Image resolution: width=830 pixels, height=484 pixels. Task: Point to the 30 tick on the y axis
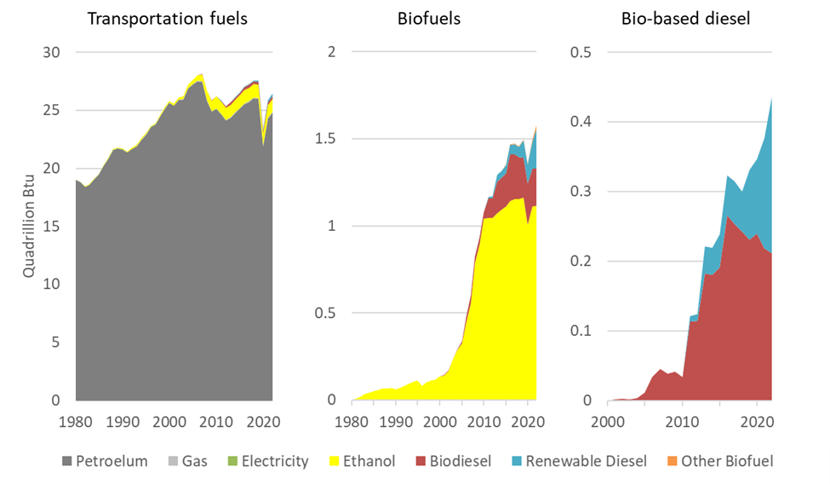(53, 53)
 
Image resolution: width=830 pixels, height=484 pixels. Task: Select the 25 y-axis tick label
(53, 111)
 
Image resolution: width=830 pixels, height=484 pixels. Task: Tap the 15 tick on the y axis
(53, 227)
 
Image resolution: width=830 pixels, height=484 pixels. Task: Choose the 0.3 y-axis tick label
(583, 192)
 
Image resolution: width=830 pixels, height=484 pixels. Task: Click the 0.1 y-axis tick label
(583, 331)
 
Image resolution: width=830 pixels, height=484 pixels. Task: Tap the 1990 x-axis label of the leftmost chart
(123, 421)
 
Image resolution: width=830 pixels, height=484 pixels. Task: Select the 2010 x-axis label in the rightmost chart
(681, 421)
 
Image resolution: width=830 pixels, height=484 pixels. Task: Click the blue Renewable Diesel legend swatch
(514, 462)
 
